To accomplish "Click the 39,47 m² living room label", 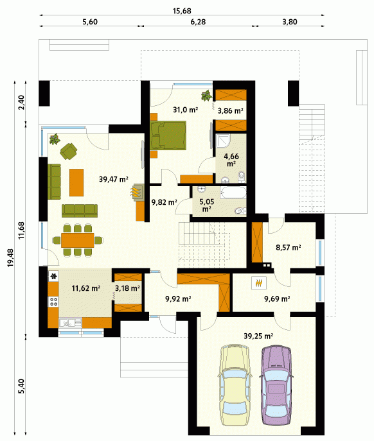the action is click(x=114, y=179).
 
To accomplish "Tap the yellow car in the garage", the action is click(x=235, y=385).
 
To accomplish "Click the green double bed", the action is click(x=168, y=135).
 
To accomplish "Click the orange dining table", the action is click(x=78, y=240).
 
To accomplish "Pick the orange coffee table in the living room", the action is click(x=76, y=182).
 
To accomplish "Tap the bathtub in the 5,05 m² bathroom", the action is click(x=233, y=193).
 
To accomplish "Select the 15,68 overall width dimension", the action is click(x=182, y=11).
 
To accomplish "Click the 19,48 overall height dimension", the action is click(x=10, y=257).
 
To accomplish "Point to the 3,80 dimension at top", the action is click(x=290, y=22).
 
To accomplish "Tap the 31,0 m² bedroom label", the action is click(x=185, y=109).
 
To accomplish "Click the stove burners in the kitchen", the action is click(x=53, y=302).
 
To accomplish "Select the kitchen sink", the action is click(x=70, y=323).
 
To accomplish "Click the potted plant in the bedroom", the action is click(x=206, y=96).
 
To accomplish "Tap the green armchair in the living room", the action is click(x=68, y=151).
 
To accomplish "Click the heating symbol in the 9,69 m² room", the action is click(x=259, y=282).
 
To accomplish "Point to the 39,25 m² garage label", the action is click(x=258, y=336).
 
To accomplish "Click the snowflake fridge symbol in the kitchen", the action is click(x=53, y=277).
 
